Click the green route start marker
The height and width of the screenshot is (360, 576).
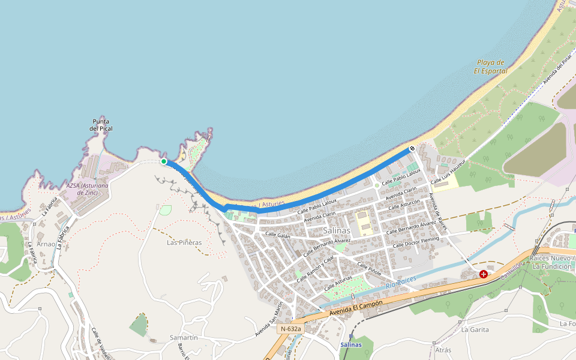(x=164, y=161)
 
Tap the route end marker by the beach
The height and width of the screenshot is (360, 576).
(x=412, y=148)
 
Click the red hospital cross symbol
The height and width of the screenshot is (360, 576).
(x=484, y=274)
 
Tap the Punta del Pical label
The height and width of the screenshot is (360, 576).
(x=101, y=125)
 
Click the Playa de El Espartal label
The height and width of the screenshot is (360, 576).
(x=491, y=67)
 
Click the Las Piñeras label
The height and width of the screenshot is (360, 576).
(x=184, y=242)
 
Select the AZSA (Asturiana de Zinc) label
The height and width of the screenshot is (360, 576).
(x=88, y=189)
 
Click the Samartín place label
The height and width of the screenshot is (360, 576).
(x=184, y=337)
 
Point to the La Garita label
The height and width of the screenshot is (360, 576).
(x=475, y=329)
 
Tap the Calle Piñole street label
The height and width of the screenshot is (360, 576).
(x=368, y=268)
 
